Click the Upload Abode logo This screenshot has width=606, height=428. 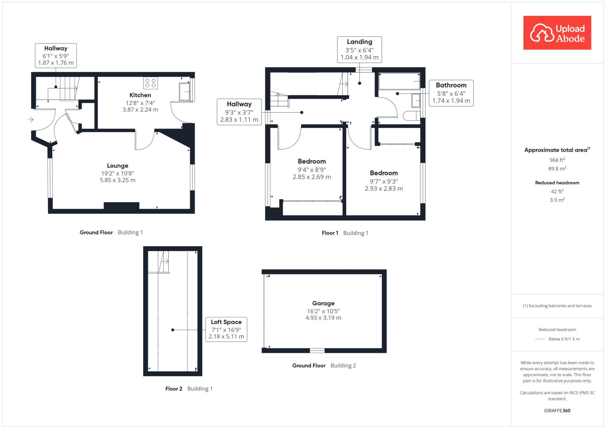(x=557, y=33)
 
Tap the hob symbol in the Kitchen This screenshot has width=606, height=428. (x=151, y=83)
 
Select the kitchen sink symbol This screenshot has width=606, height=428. (x=184, y=92)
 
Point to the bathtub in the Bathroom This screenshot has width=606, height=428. (x=399, y=81)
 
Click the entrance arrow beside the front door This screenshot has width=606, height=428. (x=31, y=120)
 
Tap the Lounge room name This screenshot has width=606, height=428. (x=117, y=166)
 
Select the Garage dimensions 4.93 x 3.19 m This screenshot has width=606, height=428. (x=323, y=318)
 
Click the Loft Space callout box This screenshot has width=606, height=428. (x=226, y=329)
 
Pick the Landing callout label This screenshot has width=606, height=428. (x=359, y=50)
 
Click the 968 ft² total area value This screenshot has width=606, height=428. (x=557, y=160)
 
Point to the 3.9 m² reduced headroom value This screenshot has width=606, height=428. (x=557, y=200)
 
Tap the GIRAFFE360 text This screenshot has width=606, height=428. (x=557, y=411)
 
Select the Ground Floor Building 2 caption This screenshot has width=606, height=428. (x=324, y=366)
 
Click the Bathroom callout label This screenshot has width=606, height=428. (x=451, y=93)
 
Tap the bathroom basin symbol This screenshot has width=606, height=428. (x=416, y=100)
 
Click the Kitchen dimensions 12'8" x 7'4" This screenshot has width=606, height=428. (x=140, y=103)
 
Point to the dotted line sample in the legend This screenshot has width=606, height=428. (x=540, y=339)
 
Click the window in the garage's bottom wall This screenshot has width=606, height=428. (x=317, y=351)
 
